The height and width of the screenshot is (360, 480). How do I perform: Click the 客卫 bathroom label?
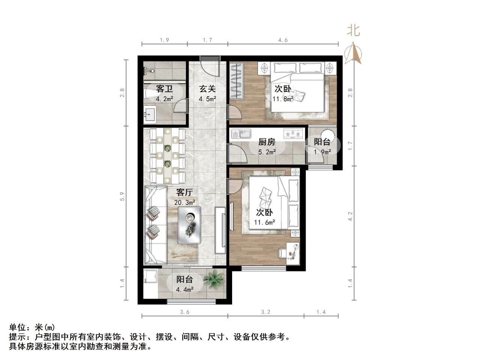coord(164,89)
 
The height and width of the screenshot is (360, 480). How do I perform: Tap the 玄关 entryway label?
coord(207,89)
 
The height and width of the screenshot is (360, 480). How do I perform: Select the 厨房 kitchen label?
coord(267,142)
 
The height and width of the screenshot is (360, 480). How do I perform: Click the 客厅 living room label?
coord(184,193)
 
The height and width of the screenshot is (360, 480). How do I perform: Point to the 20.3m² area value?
coord(184,202)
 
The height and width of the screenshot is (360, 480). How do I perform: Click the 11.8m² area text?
coord(283,99)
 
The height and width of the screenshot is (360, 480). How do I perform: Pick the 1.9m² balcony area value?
coord(322,152)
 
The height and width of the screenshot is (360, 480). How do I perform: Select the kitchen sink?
coord(241,134)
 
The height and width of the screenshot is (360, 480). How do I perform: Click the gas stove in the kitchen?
coord(293,133)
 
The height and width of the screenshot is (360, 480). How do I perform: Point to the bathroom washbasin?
coord(151,114)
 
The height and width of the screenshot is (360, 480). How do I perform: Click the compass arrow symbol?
coord(353,54)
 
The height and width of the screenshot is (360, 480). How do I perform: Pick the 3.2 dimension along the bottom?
coord(265,312)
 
